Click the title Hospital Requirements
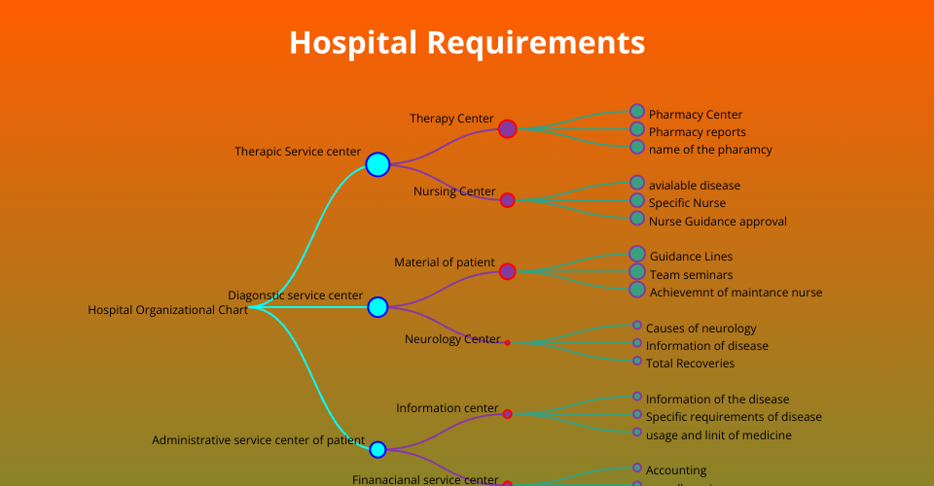[x=467, y=43]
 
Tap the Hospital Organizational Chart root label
[x=167, y=310]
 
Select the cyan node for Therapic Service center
[x=377, y=164]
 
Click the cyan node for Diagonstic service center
[x=377, y=307]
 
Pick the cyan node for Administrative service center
[x=377, y=449]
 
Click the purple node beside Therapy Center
[x=507, y=128]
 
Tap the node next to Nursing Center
[x=507, y=200]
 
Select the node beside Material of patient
[x=507, y=271]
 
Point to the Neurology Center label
[x=452, y=339]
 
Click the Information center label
[x=447, y=408]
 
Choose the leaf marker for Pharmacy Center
[x=637, y=111]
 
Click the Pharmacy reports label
[x=697, y=132]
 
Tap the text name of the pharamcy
[x=710, y=150]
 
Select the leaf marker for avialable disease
[x=637, y=182]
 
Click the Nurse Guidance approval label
[x=717, y=222]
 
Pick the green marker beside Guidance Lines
[x=637, y=254]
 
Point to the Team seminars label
[x=691, y=275]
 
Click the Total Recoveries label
[x=690, y=364]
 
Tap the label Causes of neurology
[x=700, y=329]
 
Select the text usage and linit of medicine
[x=718, y=435]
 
